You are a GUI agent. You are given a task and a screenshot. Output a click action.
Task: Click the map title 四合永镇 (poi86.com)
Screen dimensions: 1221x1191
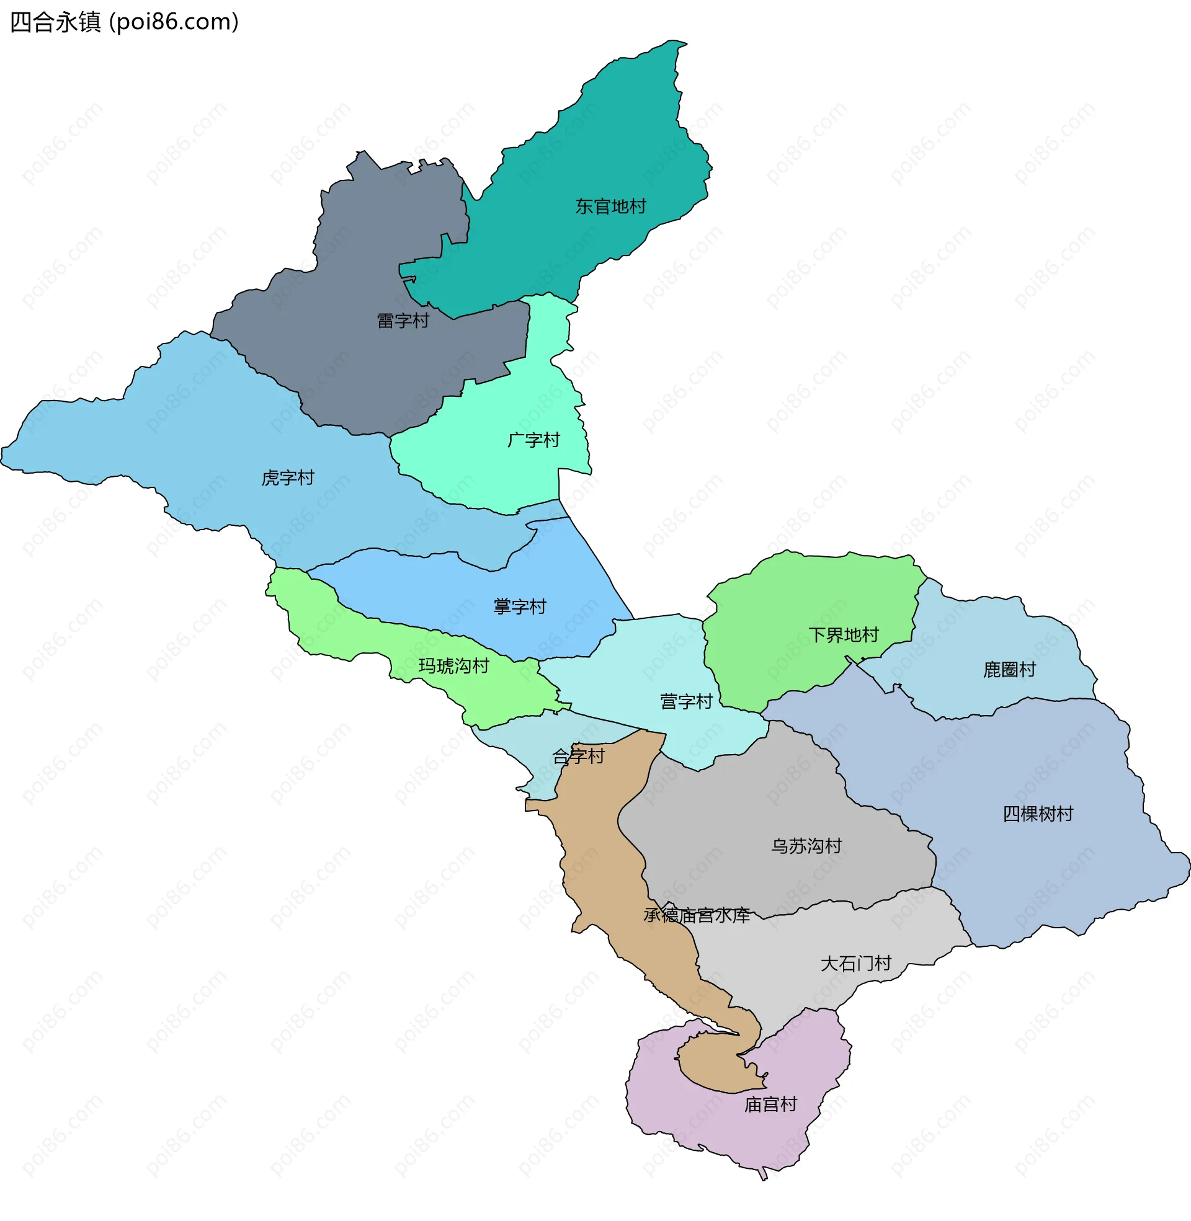[x=125, y=22]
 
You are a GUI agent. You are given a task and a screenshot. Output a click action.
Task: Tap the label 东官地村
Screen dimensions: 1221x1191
[x=610, y=206]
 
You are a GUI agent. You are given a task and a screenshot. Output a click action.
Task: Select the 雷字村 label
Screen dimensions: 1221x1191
[x=403, y=321]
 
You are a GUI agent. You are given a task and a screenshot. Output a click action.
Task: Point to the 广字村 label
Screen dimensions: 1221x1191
[x=533, y=440]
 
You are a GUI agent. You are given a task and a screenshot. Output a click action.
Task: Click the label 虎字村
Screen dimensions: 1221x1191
[x=288, y=477]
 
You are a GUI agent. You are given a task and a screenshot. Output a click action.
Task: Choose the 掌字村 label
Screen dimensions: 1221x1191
[x=519, y=606]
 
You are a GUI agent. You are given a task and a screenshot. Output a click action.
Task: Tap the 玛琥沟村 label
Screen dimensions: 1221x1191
[x=453, y=666]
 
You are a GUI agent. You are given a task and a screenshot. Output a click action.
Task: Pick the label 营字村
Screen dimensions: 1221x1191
[x=686, y=701]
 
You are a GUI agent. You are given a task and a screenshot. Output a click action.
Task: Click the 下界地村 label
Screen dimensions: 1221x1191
[x=843, y=635]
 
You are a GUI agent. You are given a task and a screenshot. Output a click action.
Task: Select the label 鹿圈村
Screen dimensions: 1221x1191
[x=1009, y=670]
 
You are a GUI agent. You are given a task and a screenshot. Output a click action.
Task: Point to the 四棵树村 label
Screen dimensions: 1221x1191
[x=1038, y=814]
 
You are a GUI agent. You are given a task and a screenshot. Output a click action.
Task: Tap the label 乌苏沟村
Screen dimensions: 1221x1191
[x=806, y=846]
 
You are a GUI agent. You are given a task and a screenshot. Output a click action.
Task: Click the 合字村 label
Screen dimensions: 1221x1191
[x=578, y=757]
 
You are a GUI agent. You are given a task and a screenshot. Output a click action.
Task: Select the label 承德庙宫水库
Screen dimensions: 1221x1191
[x=696, y=915]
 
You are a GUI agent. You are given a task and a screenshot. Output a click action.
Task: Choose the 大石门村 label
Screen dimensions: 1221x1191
[x=855, y=964]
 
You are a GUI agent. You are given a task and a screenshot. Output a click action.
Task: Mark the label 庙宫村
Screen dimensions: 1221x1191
[x=770, y=1104]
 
